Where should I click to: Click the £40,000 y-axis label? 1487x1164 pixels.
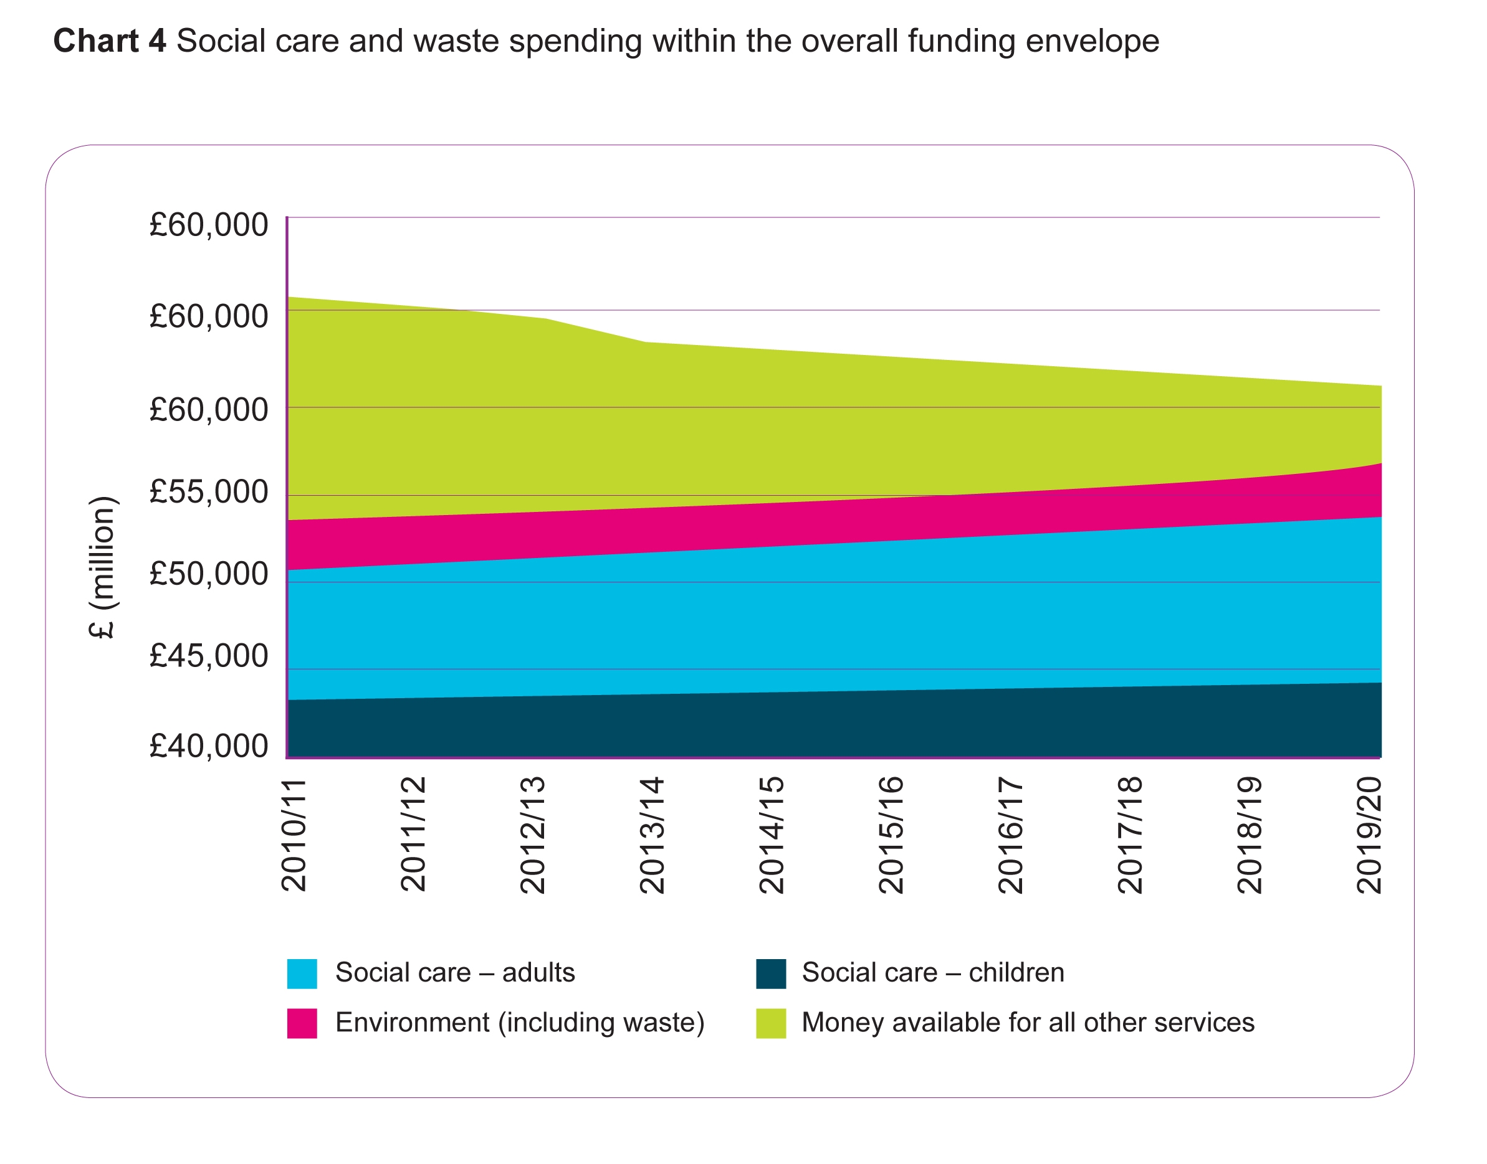(209, 746)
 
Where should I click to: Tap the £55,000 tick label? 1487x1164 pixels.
(209, 492)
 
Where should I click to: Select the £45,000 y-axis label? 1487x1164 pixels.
(209, 656)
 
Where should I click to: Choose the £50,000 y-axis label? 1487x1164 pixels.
(209, 574)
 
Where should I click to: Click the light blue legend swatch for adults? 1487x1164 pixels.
(302, 974)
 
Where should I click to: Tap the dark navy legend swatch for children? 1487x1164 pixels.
(771, 974)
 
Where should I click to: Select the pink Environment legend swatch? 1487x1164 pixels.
(302, 1024)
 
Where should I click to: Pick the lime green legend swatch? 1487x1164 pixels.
(771, 1024)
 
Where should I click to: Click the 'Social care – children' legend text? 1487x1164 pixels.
(933, 973)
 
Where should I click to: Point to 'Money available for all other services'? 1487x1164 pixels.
(1028, 1023)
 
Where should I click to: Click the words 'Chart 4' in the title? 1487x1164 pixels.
(110, 41)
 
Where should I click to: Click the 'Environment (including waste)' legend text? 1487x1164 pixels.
(520, 1023)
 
